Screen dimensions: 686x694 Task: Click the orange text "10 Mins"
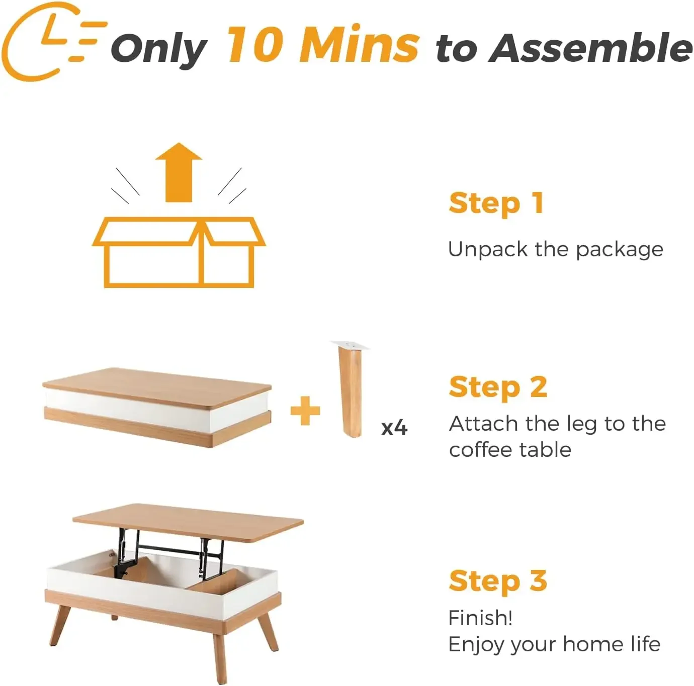click(x=322, y=45)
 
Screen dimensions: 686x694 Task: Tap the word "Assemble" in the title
click(x=590, y=48)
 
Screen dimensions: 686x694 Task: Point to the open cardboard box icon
click(x=179, y=251)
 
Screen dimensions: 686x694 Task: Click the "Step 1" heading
click(x=496, y=204)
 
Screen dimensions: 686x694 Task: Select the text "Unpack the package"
click(x=555, y=250)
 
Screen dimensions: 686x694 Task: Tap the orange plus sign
click(x=305, y=411)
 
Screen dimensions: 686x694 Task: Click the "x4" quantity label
click(x=394, y=428)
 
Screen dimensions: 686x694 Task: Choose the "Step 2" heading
click(x=498, y=387)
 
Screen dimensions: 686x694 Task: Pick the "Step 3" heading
click(x=497, y=581)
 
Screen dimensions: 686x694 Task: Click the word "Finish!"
click(x=480, y=618)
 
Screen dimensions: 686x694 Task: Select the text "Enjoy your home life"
click(x=554, y=644)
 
